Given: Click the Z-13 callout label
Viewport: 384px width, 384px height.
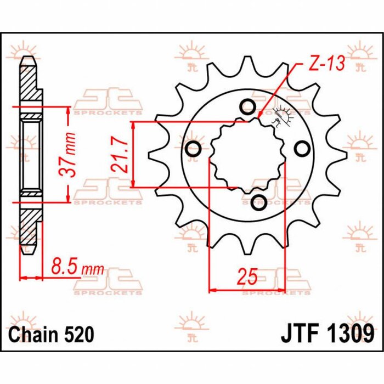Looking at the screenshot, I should (x=326, y=64).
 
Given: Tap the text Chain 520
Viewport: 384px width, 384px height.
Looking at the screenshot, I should (x=51, y=334).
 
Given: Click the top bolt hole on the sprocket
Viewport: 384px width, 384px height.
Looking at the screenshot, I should (x=247, y=106).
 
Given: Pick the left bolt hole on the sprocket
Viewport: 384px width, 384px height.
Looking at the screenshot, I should (x=193, y=149).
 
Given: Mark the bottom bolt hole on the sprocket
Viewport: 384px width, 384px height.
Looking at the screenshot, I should (x=256, y=201).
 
